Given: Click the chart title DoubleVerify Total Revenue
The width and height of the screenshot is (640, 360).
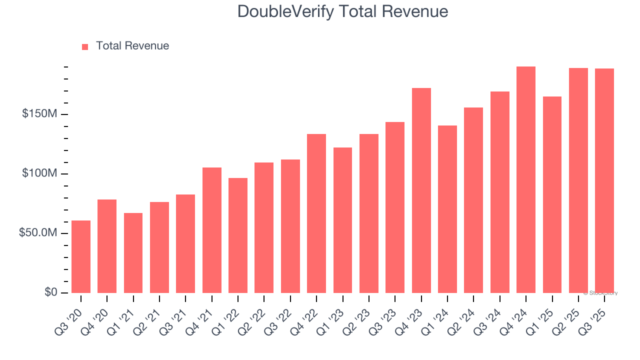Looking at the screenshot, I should tap(342, 11).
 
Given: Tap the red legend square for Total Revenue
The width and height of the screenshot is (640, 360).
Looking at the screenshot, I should tap(85, 46).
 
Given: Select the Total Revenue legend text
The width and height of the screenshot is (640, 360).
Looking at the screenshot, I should tap(132, 46).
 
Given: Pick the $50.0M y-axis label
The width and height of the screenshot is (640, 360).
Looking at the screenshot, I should tap(38, 233).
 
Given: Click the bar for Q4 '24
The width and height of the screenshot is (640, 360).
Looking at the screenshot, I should tap(526, 179).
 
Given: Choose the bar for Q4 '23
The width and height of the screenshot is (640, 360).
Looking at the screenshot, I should tap(421, 190).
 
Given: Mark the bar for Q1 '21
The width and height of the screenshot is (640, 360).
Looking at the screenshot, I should tap(133, 253).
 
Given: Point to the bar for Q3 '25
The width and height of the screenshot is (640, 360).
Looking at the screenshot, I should tap(604, 180).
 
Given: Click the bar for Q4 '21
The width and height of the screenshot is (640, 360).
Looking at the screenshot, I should tap(212, 230).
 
